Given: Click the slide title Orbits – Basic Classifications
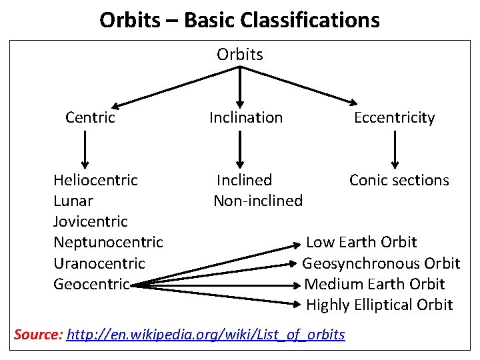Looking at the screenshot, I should pos(239,20).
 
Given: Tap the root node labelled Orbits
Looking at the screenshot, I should pos(240,55).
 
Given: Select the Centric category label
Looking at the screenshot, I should pos(90,118).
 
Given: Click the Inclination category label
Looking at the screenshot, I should pos(246,118).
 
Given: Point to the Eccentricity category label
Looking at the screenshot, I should pos(394,119).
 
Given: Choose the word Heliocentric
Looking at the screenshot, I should pos(95,180).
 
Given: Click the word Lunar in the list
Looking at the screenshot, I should pos(73,201).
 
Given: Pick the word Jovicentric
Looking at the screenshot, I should pos(90,221).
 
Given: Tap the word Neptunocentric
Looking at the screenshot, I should pos(108,242).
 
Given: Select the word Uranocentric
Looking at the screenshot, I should pos(99,263).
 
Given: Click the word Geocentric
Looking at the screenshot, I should pos(91,284).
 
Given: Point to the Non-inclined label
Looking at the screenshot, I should pos(258,201).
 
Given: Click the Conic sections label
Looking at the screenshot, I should pos(399,180).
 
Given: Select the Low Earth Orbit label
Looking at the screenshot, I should pos(361,242).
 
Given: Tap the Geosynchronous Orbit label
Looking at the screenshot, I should pos(381,263).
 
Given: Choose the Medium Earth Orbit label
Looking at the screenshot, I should pos(375,284).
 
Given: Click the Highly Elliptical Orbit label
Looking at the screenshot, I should pos(379,305).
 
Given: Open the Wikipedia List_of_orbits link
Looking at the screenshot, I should pos(207,335).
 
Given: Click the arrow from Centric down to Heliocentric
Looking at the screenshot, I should pos(85,149).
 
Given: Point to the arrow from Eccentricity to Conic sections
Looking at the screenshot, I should pos(395,149).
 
